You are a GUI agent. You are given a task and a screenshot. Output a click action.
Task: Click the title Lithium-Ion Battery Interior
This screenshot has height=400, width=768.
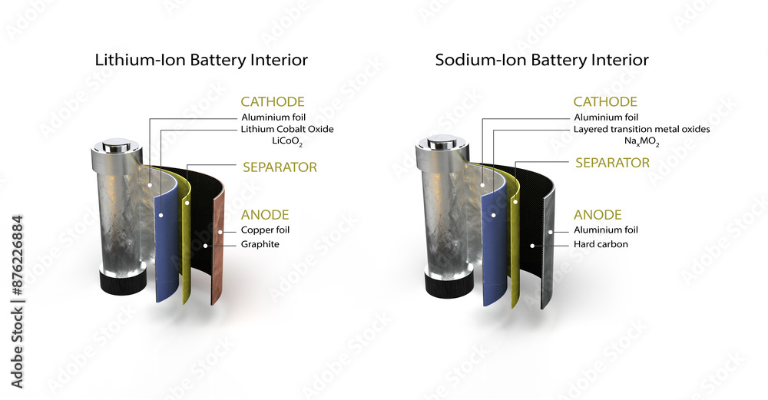[201, 60]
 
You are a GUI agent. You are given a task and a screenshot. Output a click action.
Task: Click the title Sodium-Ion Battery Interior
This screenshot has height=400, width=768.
[541, 60]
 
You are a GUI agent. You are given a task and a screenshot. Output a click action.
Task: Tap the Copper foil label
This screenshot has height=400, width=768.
[265, 230]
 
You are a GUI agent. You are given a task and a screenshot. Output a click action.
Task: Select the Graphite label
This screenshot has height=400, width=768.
[260, 244]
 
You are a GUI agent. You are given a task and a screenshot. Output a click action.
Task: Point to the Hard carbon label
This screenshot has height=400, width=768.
[601, 244]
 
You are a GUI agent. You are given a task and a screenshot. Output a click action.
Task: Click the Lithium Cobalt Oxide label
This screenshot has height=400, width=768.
[287, 129]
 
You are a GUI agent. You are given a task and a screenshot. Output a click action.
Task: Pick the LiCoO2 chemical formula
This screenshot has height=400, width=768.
[287, 142]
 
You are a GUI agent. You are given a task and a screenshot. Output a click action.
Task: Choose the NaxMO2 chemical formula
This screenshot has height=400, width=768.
[641, 142]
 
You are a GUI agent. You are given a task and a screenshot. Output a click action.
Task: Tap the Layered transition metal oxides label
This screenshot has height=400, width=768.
[641, 129]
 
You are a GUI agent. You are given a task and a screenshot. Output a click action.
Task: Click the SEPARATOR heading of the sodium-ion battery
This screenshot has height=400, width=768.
[612, 163]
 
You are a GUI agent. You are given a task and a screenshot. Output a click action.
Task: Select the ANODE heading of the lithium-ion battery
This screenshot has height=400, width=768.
[265, 214]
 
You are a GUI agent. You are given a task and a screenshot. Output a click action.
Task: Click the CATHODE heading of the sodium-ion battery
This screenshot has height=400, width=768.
[605, 101]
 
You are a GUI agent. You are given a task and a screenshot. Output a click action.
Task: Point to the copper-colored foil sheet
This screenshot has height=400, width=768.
[218, 245]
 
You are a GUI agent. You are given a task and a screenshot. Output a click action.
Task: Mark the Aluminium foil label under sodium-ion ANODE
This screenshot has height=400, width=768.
[606, 230]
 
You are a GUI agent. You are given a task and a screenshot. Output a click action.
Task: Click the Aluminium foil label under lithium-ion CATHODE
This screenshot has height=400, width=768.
[273, 117]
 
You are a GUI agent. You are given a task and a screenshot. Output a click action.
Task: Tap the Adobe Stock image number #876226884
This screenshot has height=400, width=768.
[17, 255]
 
